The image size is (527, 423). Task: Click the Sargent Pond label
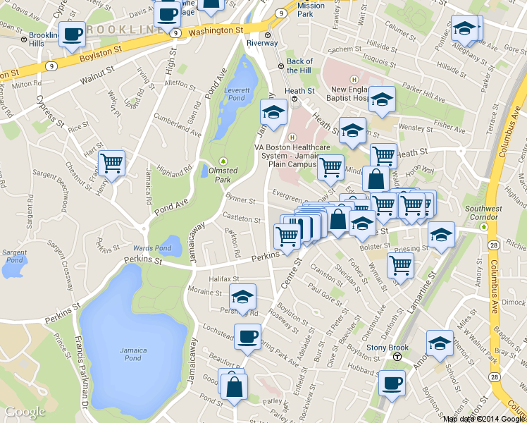coord(15,255)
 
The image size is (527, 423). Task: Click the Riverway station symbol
coord(268,35)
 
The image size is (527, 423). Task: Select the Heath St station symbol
coord(295,99)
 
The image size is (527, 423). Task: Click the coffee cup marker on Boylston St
coord(72,34)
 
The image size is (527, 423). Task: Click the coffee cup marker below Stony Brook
coord(392,384)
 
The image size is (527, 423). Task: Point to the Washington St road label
coord(216,31)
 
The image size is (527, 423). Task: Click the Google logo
coord(25,412)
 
